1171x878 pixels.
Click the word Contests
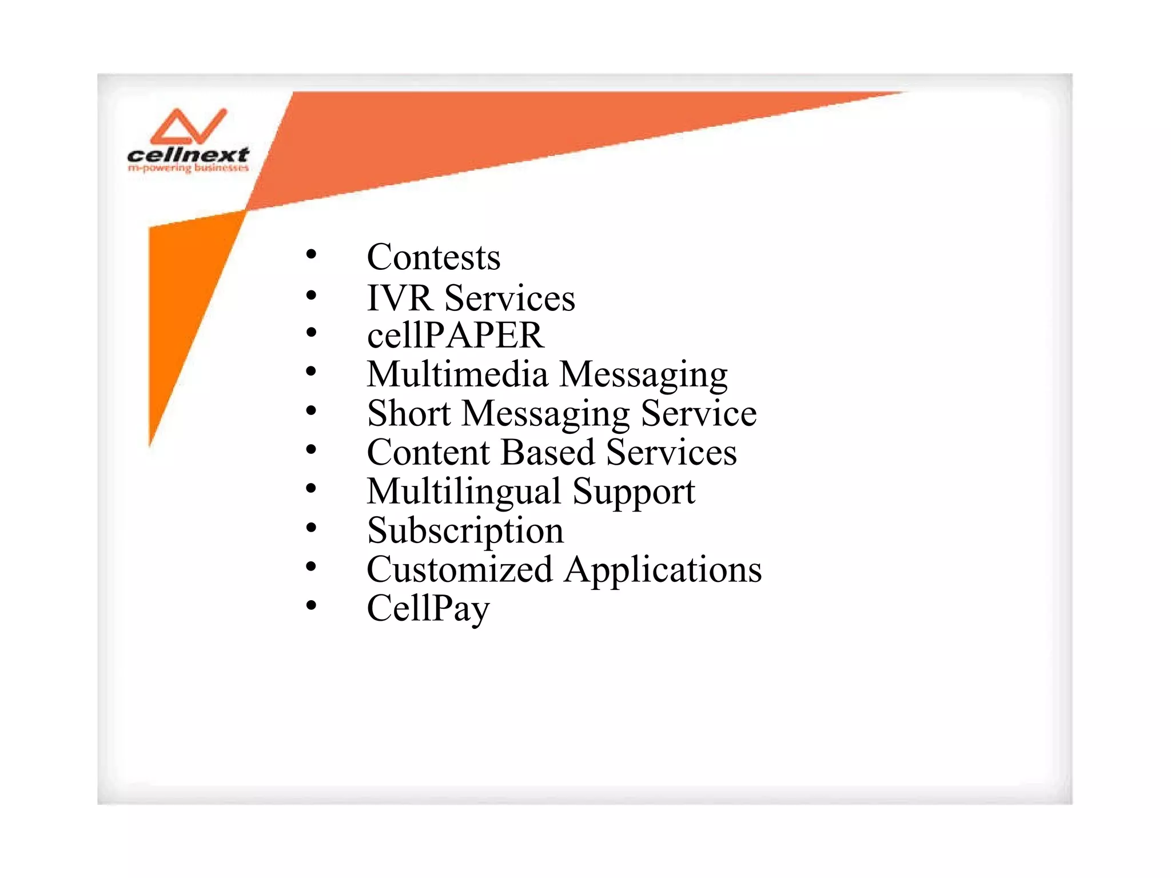pos(433,257)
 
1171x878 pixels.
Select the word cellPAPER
pos(455,335)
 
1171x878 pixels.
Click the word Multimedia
pos(457,374)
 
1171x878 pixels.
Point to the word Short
pos(409,413)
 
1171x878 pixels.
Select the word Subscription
pos(465,531)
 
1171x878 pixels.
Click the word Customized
pos(460,569)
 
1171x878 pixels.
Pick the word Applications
pos(663,570)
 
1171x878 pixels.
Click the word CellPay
pos(428,609)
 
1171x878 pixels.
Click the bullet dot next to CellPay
pos(311,605)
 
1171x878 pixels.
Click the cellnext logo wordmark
pos(188,155)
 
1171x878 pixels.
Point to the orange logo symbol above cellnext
pos(188,126)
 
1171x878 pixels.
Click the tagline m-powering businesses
pos(188,168)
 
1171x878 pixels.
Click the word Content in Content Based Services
pos(428,452)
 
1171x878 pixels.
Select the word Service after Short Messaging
pos(699,413)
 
